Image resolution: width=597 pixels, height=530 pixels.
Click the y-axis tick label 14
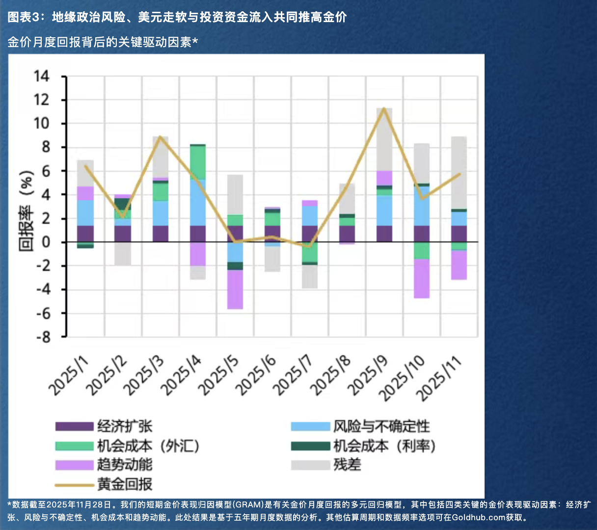tap(41, 76)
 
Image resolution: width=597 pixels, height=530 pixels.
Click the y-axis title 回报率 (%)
tap(27, 211)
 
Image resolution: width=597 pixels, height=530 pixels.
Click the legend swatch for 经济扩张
tap(74, 426)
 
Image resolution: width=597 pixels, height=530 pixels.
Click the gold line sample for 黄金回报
tap(74, 485)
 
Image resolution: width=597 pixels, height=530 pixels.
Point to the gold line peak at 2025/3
tap(160, 137)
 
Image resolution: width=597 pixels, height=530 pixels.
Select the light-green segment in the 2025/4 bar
tap(198, 162)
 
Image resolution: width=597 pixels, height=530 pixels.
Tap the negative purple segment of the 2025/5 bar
tap(235, 290)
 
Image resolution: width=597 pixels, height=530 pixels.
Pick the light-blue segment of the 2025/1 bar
tap(85, 212)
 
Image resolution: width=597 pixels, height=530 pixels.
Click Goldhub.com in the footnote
tap(478, 517)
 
